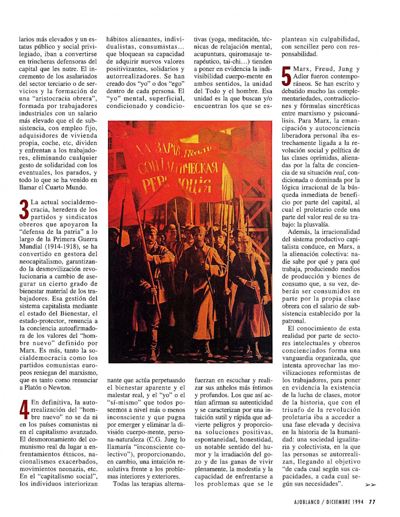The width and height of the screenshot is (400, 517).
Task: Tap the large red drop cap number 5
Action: click(287, 76)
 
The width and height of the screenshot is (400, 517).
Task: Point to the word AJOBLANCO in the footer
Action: click(307, 502)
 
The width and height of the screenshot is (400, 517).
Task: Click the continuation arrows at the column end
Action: click(370, 485)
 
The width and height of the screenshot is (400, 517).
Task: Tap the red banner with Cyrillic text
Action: click(176, 168)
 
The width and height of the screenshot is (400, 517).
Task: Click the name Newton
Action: click(61, 387)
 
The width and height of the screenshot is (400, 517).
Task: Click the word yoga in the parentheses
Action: click(218, 39)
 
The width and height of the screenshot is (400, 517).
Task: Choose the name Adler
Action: click(301, 76)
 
